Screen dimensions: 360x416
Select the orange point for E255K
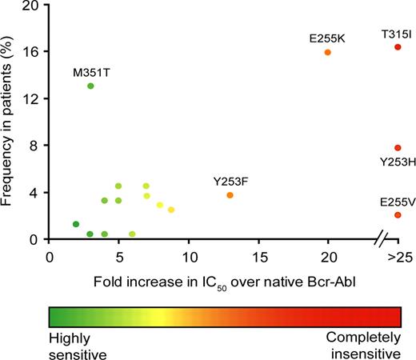(x=327, y=52)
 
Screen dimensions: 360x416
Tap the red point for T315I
(x=398, y=47)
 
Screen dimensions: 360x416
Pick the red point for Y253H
(x=398, y=148)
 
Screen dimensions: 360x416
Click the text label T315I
(x=397, y=34)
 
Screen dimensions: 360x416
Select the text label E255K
(x=326, y=38)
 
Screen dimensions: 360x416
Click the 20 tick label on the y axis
(x=30, y=5)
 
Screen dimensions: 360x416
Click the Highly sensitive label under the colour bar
(x=77, y=343)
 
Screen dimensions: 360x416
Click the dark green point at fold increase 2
(x=76, y=224)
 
